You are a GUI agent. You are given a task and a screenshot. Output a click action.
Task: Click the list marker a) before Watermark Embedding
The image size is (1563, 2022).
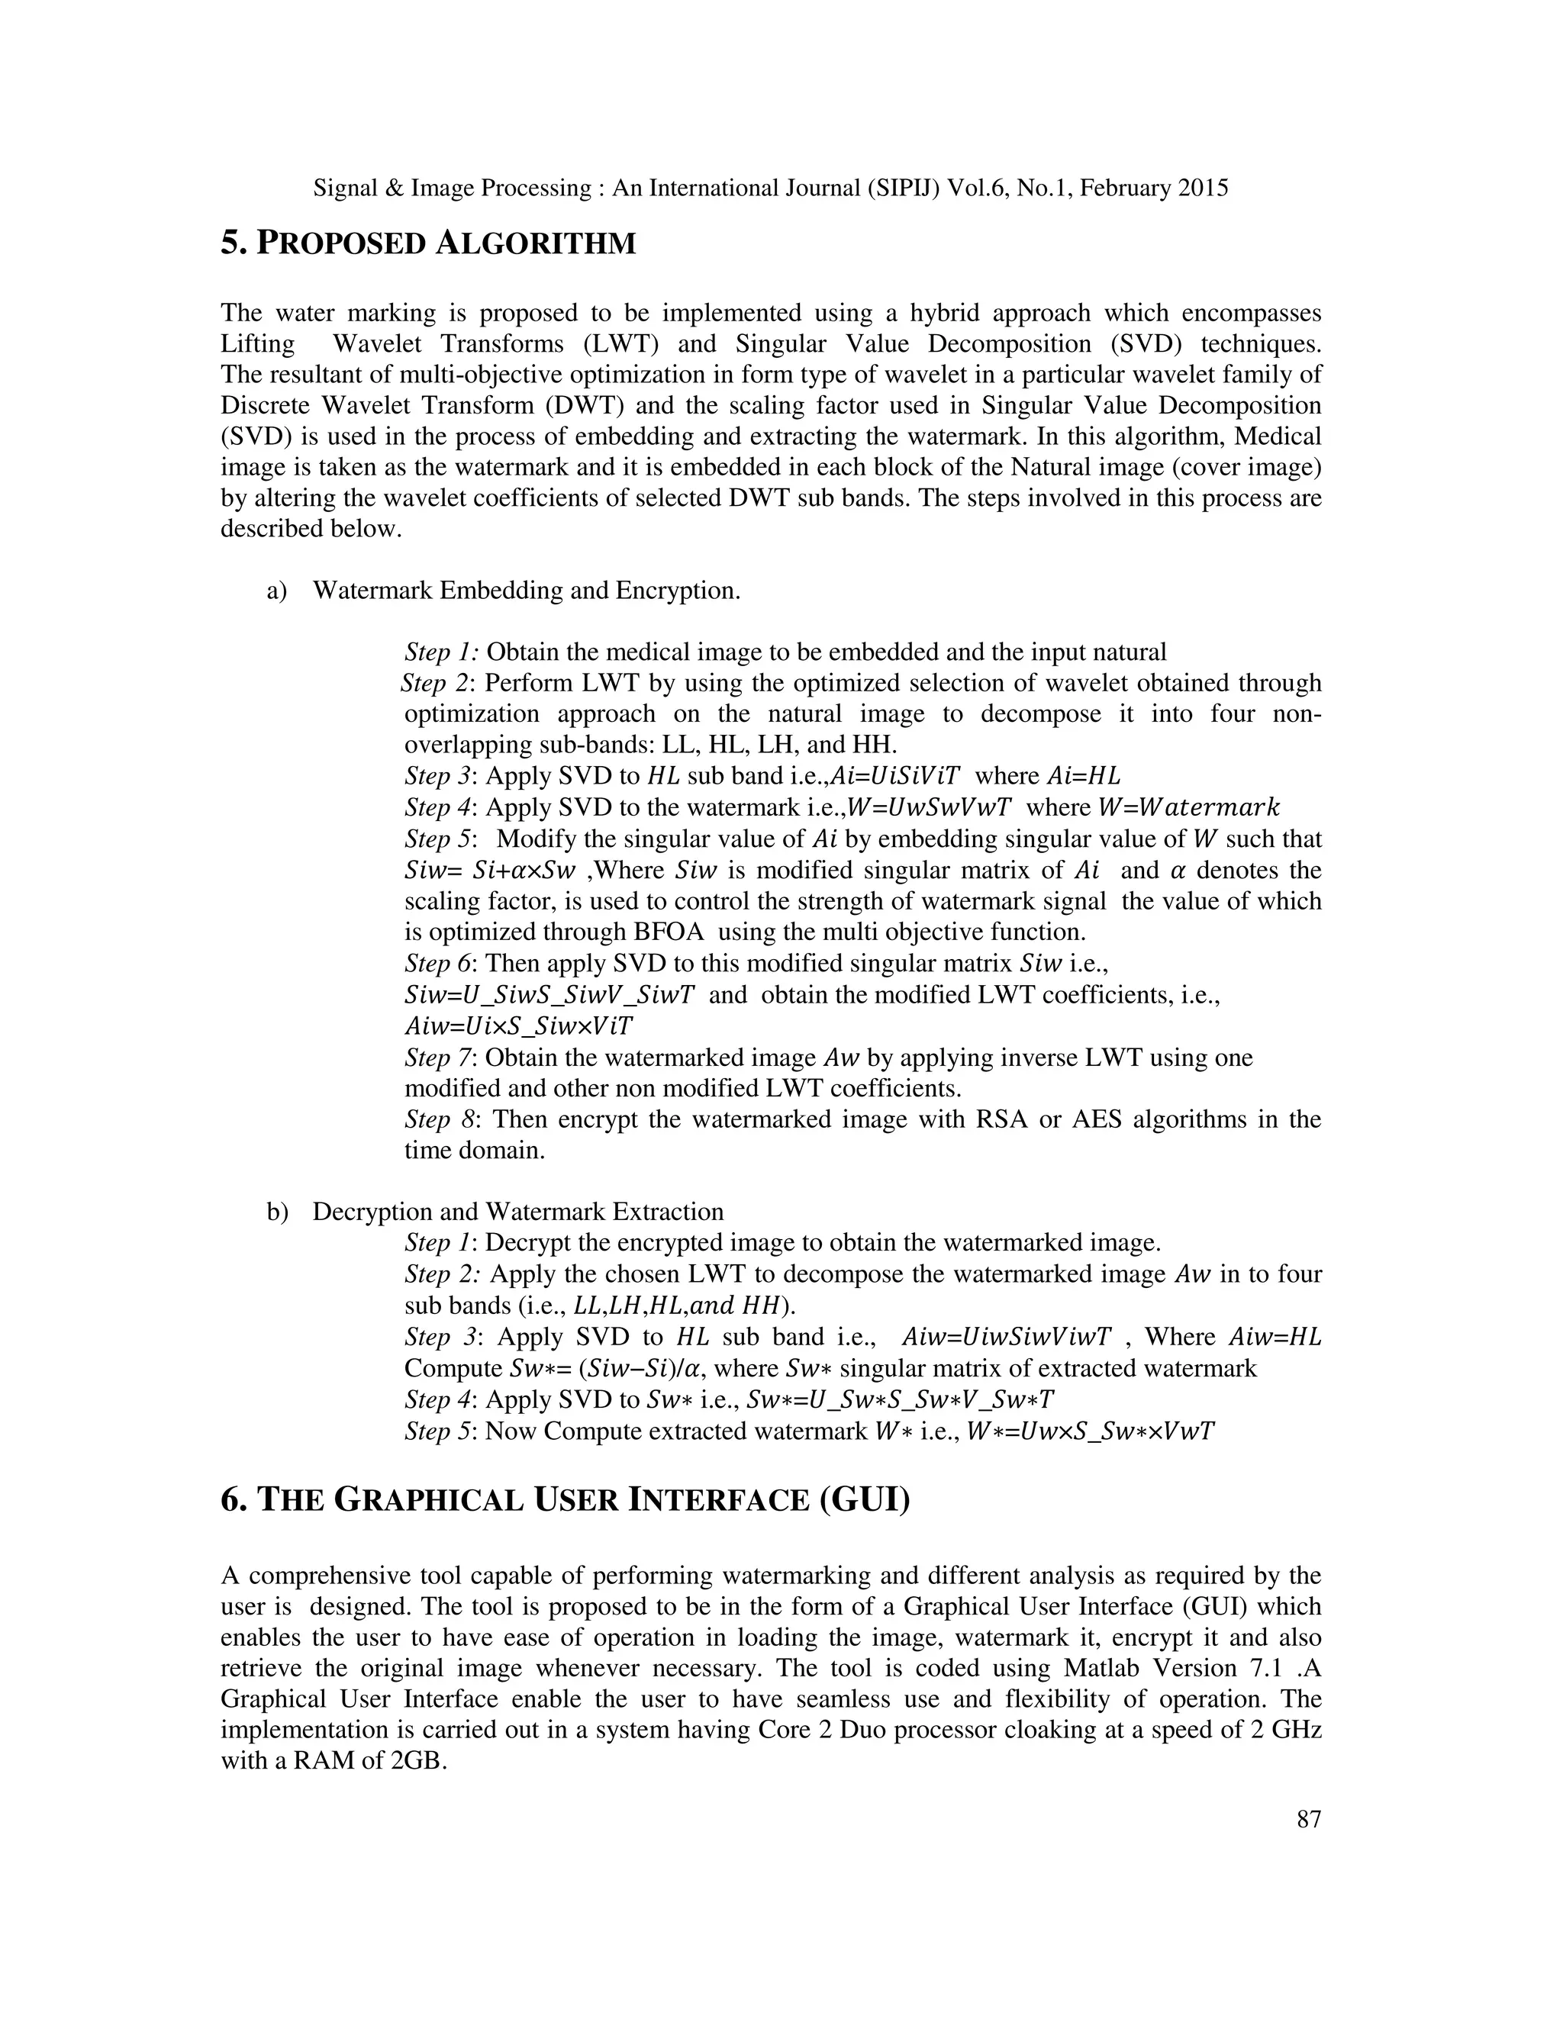277,591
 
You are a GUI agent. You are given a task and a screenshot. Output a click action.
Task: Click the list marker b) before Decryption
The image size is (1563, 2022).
277,1212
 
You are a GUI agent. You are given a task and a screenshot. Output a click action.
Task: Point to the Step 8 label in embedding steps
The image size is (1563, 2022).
441,1119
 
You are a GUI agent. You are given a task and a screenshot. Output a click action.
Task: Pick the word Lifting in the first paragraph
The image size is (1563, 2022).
257,343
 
